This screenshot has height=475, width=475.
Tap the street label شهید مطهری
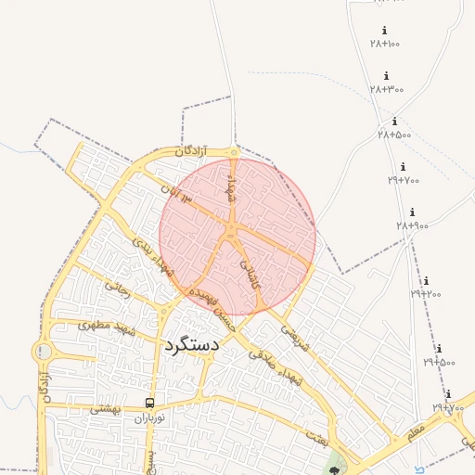click(108, 327)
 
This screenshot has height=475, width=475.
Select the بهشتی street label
click(108, 408)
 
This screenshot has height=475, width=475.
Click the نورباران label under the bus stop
click(148, 418)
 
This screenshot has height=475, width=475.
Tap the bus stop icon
click(149, 403)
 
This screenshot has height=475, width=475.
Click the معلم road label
click(415, 430)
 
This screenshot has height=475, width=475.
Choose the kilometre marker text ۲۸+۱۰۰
click(384, 44)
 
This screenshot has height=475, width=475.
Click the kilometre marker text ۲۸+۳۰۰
click(387, 89)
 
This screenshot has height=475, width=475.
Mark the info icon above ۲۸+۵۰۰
click(394, 122)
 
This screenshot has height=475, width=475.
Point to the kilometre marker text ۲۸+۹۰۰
click(412, 225)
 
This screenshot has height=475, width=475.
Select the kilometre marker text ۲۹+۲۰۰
click(426, 294)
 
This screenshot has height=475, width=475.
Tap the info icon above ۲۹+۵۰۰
click(438, 350)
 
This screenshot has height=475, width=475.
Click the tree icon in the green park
click(334, 469)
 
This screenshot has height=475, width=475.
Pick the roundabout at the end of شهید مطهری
click(43, 352)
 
